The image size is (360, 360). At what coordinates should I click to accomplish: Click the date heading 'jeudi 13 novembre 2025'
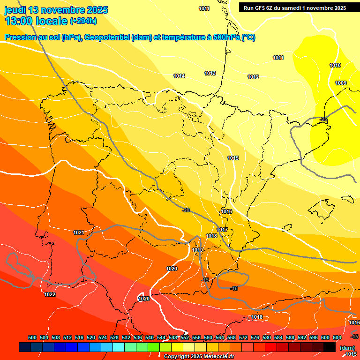tap(56, 10)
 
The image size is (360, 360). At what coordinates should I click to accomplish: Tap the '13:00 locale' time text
tap(36, 21)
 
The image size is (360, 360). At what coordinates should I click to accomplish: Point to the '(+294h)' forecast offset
tap(83, 21)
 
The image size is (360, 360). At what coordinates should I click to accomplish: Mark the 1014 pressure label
tap(179, 76)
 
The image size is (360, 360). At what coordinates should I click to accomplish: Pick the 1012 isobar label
tap(253, 77)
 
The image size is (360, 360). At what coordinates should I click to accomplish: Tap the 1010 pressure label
tap(335, 65)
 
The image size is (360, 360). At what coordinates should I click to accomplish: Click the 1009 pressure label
tap(341, 83)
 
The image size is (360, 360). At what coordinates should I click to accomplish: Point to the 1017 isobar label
tap(223, 230)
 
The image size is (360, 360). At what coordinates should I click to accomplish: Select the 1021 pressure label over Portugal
tap(79, 232)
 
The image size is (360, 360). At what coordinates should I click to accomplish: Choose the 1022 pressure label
tap(50, 294)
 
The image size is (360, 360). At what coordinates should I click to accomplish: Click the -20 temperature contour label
tap(186, 210)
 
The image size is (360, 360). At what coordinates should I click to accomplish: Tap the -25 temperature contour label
tap(323, 120)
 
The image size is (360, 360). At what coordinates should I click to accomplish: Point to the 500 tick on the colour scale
tap(32, 337)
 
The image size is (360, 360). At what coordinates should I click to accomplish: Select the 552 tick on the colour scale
tap(185, 337)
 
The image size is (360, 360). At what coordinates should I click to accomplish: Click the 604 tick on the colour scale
tap(337, 337)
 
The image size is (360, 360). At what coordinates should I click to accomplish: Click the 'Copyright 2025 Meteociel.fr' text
tap(199, 356)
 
